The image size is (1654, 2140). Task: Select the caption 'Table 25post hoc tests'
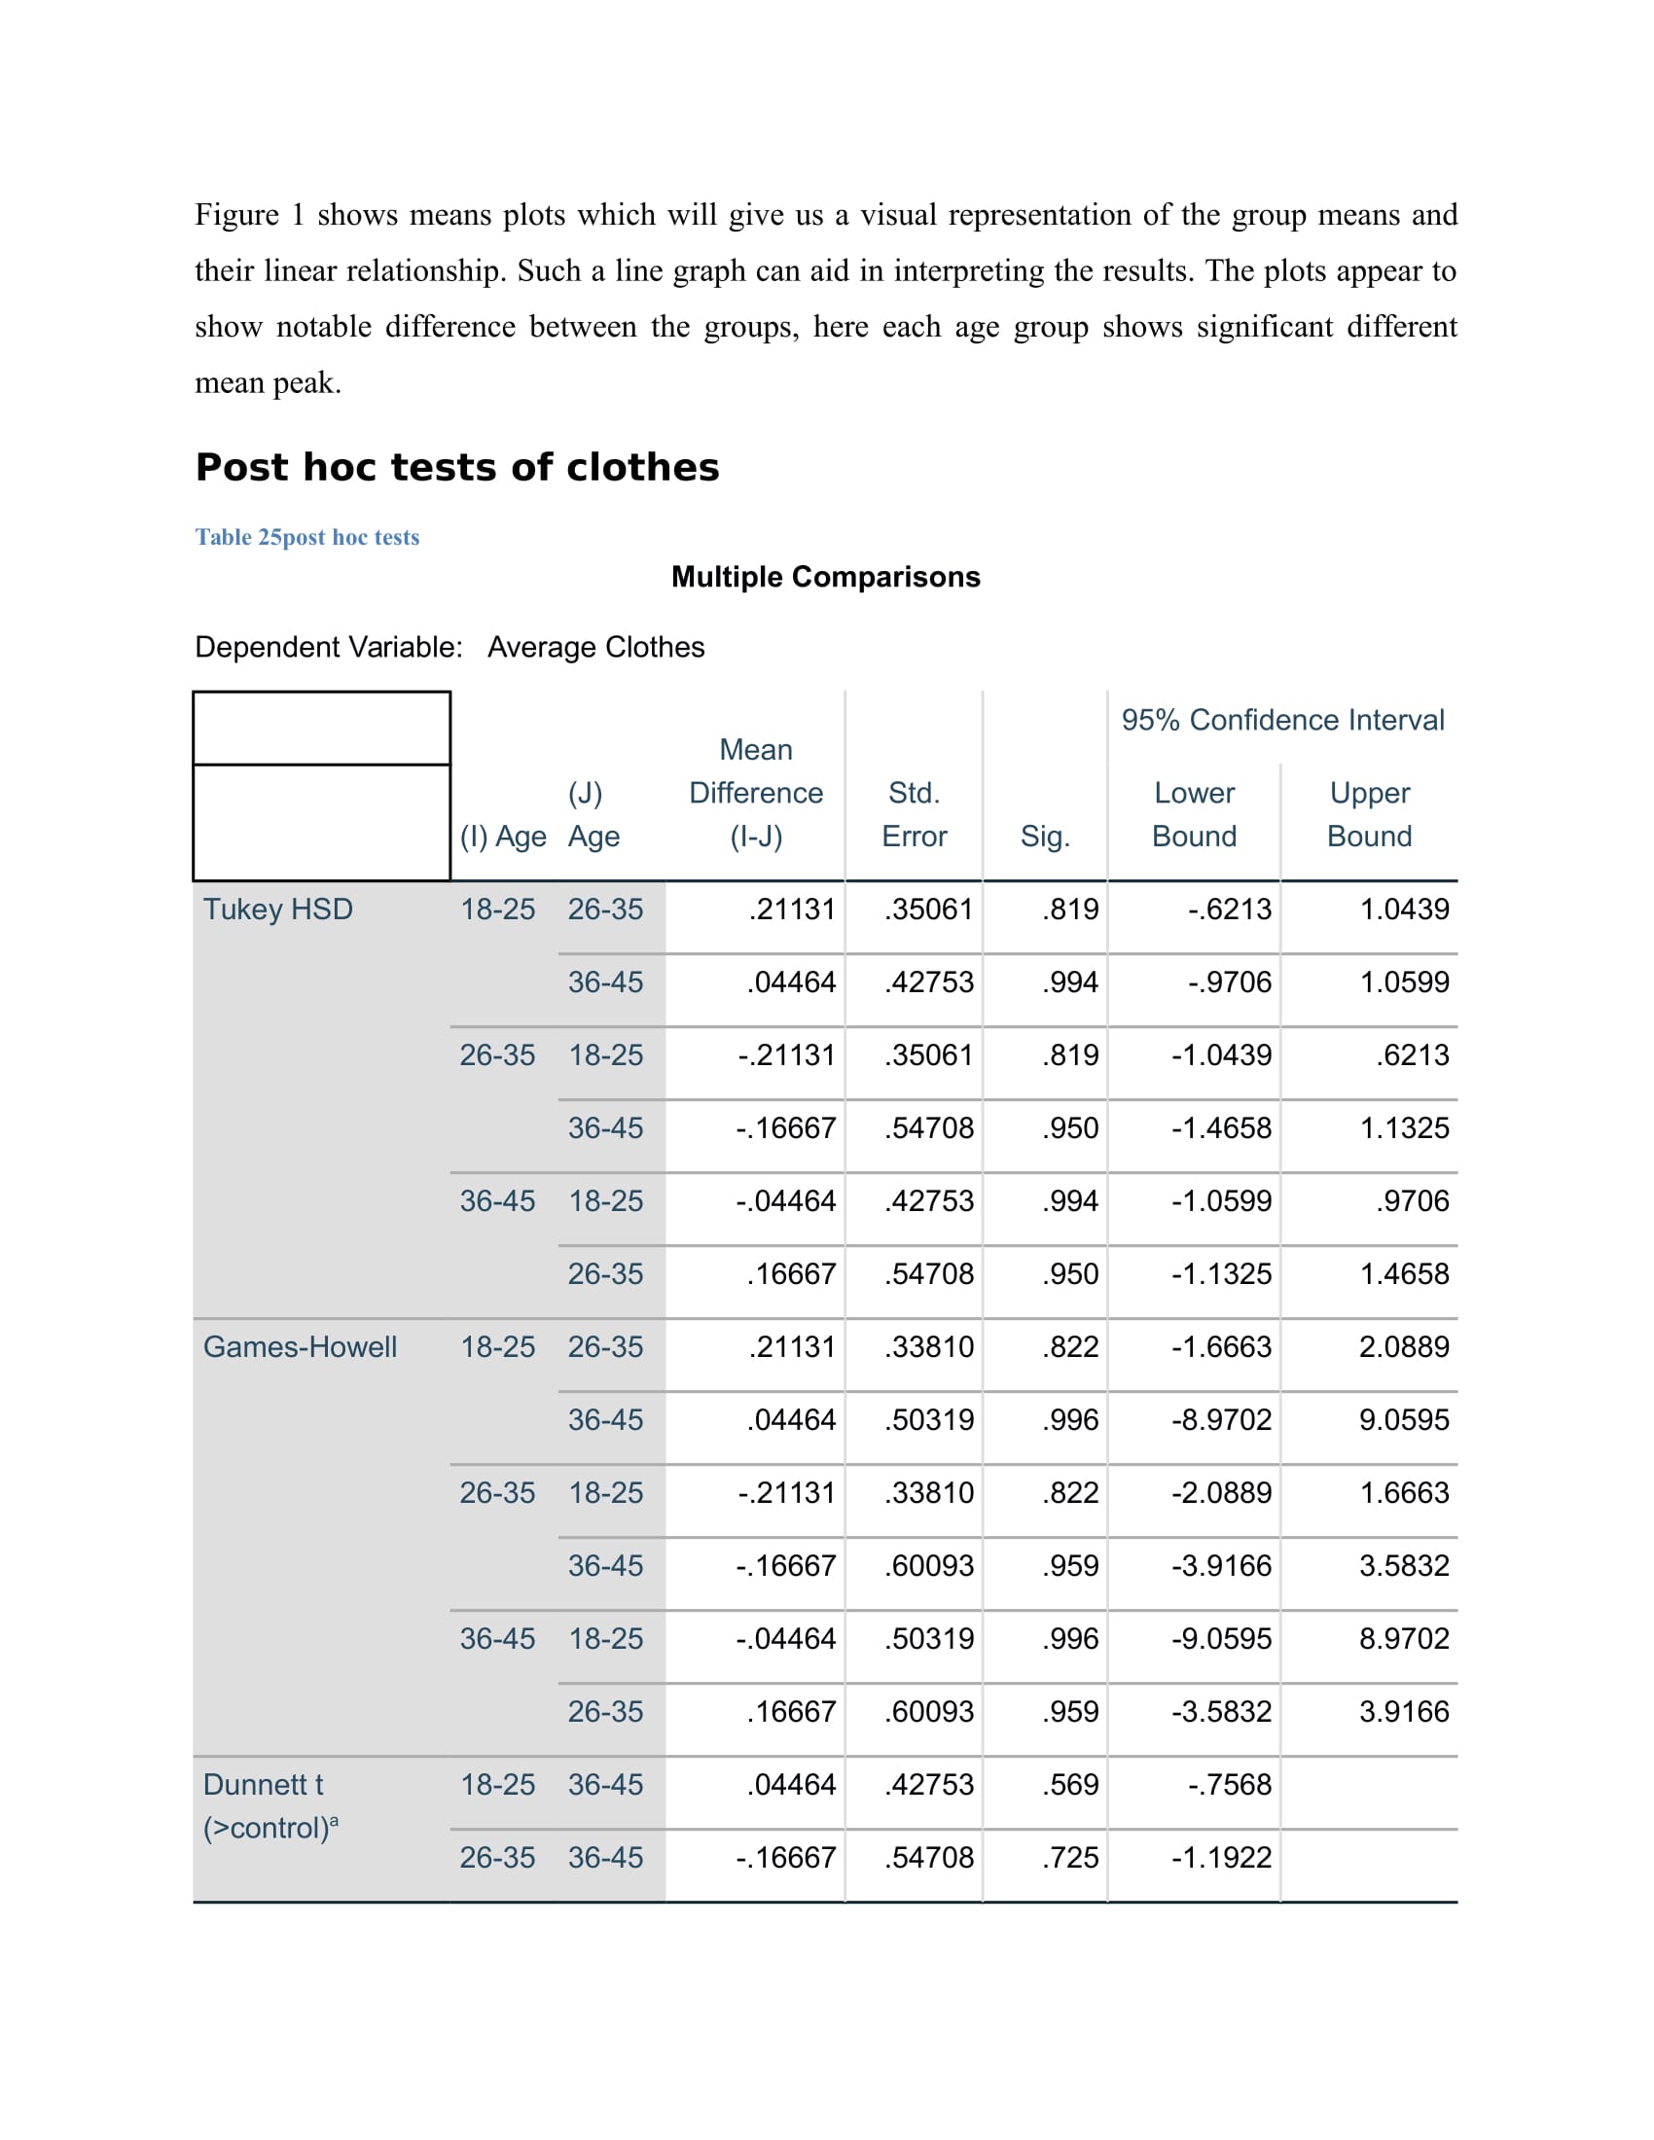coord(306,537)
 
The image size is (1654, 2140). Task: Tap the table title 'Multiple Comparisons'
coord(825,577)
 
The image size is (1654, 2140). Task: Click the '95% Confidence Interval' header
coord(1281,720)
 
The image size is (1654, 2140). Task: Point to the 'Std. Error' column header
coord(914,814)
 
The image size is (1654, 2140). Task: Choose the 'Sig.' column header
coord(1045,836)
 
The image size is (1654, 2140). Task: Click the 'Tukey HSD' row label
coord(277,909)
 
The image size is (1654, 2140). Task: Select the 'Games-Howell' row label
coord(300,1347)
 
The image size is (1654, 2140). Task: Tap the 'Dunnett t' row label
coord(263,1785)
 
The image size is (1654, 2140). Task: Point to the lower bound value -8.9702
coord(1221,1420)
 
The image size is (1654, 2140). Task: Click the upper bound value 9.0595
coord(1403,1420)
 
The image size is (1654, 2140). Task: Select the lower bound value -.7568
coord(1229,1785)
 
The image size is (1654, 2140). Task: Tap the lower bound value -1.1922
coord(1221,1858)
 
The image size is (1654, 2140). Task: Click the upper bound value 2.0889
coord(1403,1347)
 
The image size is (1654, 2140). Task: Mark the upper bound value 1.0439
coord(1403,909)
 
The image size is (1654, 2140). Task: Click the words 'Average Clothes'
coord(595,648)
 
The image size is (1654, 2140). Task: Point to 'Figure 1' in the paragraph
coord(249,215)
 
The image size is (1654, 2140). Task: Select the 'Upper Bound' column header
coord(1369,814)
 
